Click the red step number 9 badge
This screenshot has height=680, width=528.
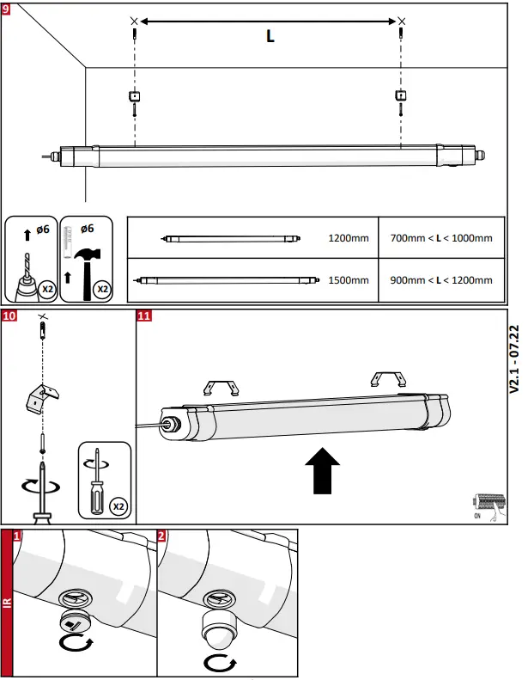(8, 8)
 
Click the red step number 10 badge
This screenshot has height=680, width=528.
(9, 316)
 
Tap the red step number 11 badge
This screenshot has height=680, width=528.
(144, 316)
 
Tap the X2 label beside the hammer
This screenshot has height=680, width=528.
(102, 289)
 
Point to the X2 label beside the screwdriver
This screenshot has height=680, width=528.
(117, 507)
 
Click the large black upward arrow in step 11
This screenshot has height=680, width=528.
(323, 471)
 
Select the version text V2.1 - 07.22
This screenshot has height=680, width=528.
(513, 358)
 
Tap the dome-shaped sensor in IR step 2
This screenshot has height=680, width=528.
(216, 633)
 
